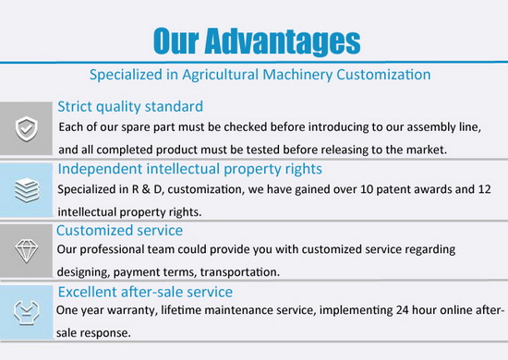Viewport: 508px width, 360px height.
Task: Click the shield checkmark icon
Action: [x=27, y=129]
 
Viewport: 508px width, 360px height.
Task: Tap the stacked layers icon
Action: [x=27, y=190]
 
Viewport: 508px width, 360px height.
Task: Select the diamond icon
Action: [x=26, y=251]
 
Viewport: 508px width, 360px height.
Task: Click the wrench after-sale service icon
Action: [x=27, y=312]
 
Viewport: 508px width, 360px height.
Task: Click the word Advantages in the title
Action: [x=283, y=42]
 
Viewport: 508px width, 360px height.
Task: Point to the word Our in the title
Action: [x=175, y=41]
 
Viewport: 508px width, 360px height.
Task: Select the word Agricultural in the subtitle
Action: [x=221, y=75]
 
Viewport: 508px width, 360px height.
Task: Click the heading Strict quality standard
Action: [x=130, y=106]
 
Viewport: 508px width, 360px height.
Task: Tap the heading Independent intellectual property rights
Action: [x=190, y=169]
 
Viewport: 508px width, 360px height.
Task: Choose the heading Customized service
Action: [x=119, y=231]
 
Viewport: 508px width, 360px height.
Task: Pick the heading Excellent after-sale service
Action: [x=145, y=292]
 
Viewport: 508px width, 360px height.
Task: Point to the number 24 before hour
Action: [x=402, y=310]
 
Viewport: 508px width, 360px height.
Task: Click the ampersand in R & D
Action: [x=146, y=189]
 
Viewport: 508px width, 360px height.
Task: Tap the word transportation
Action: [x=239, y=272]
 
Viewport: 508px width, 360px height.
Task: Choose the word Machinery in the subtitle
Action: [x=297, y=75]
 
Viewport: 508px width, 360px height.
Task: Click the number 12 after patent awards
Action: [x=484, y=189]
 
